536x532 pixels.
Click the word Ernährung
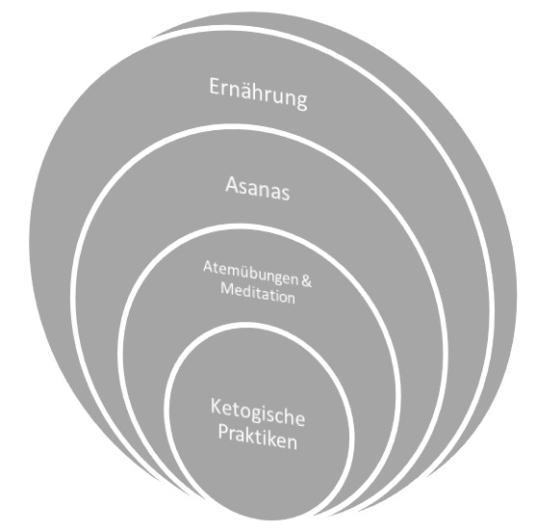tap(258, 93)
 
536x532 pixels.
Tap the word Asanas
tap(257, 188)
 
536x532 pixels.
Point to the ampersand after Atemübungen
tap(307, 281)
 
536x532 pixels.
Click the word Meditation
tap(258, 294)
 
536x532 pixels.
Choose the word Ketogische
tap(257, 413)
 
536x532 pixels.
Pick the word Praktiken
tap(258, 438)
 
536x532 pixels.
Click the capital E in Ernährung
tap(214, 86)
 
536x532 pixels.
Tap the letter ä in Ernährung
tap(248, 92)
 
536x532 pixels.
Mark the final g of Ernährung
tap(302, 102)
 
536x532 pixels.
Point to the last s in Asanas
tap(285, 195)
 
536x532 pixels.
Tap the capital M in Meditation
tap(227, 288)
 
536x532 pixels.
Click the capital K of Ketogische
tap(216, 406)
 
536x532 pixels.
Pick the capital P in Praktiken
tap(223, 432)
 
